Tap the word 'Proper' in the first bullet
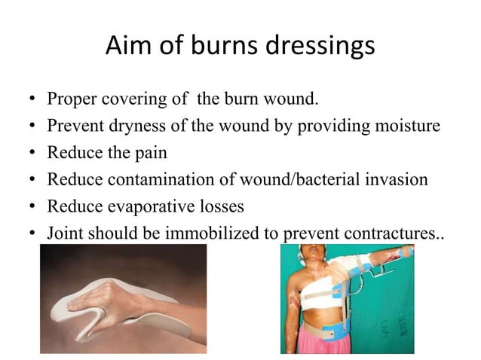click(70, 99)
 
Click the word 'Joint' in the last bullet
click(65, 232)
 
